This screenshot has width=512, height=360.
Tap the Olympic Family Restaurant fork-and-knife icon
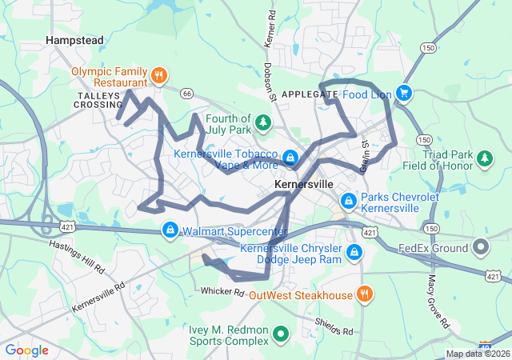(159, 76)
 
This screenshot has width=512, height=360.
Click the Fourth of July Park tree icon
(262, 123)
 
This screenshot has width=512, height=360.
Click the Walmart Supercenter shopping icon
(170, 231)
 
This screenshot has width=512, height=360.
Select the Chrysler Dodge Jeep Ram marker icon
(354, 254)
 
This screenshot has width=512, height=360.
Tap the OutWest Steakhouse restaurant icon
(364, 294)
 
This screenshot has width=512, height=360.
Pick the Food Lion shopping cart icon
(403, 94)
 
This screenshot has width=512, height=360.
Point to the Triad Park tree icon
(484, 158)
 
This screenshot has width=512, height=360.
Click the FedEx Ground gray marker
(480, 247)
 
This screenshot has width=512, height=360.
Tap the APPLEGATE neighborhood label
(310, 94)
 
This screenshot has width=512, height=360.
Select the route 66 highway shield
(187, 94)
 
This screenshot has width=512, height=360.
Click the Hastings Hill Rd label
(77, 255)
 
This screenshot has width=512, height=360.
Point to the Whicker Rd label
(222, 291)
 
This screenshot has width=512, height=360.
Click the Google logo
(27, 350)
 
